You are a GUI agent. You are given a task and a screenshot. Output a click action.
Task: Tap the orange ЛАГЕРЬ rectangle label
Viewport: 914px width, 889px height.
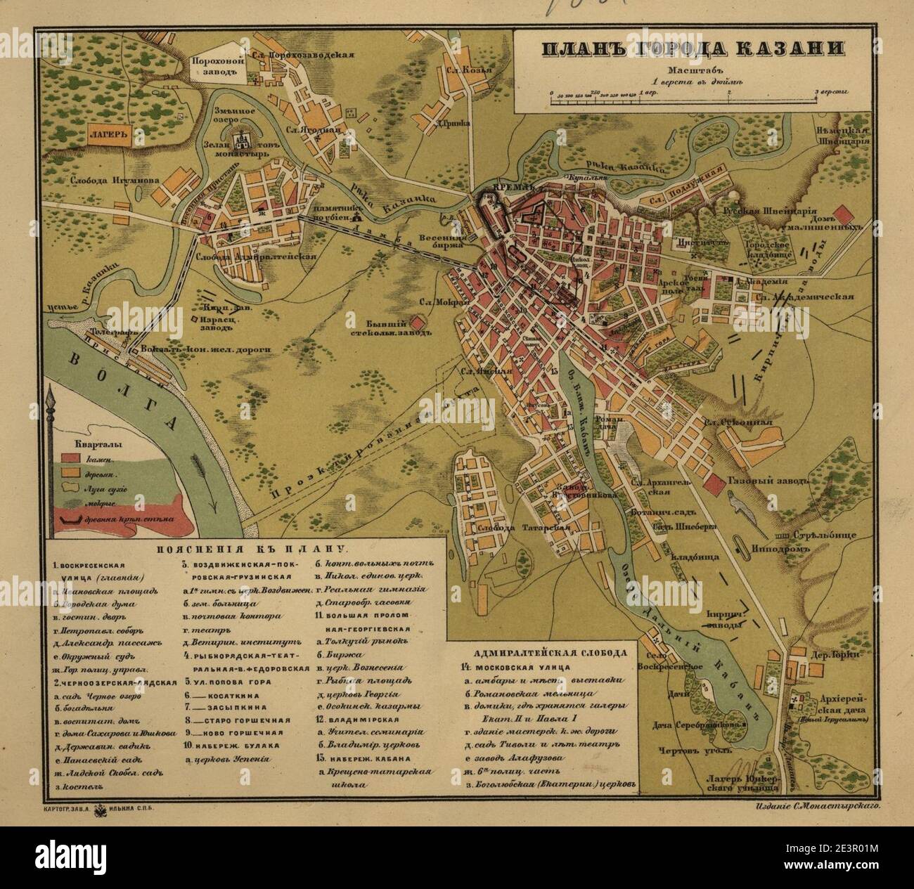pos(109,136)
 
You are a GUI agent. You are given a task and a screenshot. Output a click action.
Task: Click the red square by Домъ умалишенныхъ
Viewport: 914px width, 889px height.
pos(842,213)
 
